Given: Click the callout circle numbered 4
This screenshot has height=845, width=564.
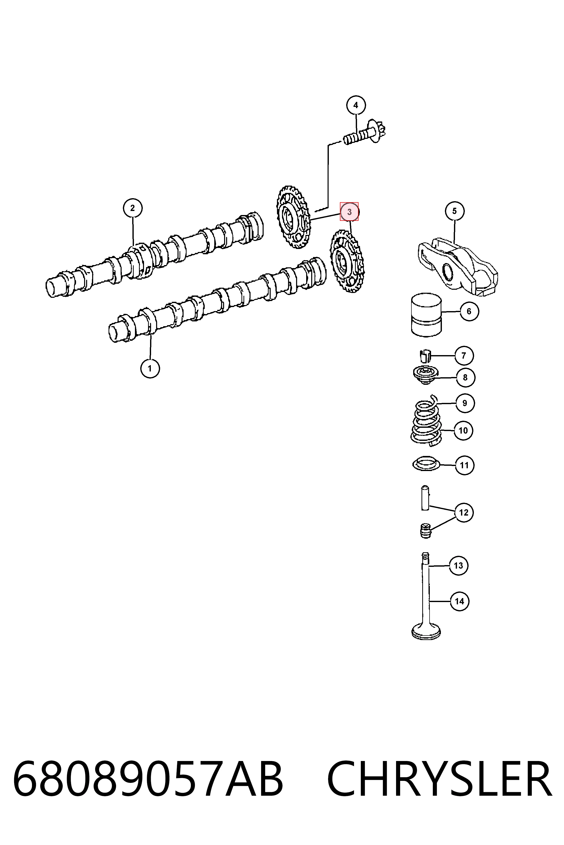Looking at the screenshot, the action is click(x=356, y=105).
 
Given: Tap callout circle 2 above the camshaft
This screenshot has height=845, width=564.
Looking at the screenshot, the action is click(x=133, y=208).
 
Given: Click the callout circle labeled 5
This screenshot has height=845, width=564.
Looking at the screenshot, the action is click(x=454, y=211).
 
